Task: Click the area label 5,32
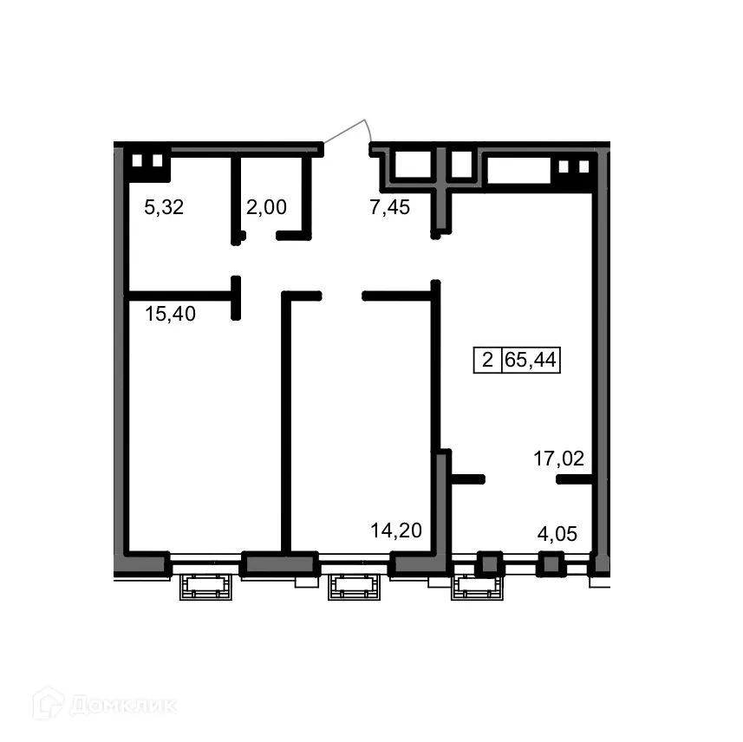pos(164,207)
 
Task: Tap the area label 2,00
pos(266,207)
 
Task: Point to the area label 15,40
pos(170,314)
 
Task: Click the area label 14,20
pos(395,530)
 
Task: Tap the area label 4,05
pos(557,533)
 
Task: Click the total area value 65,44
pos(531,360)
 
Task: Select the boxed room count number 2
pos(487,360)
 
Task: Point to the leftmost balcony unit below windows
pos(207,589)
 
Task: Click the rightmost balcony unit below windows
pos(477,589)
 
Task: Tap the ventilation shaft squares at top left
pos(147,161)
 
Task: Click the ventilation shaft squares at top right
pos(574,167)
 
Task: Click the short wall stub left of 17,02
pos(468,478)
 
